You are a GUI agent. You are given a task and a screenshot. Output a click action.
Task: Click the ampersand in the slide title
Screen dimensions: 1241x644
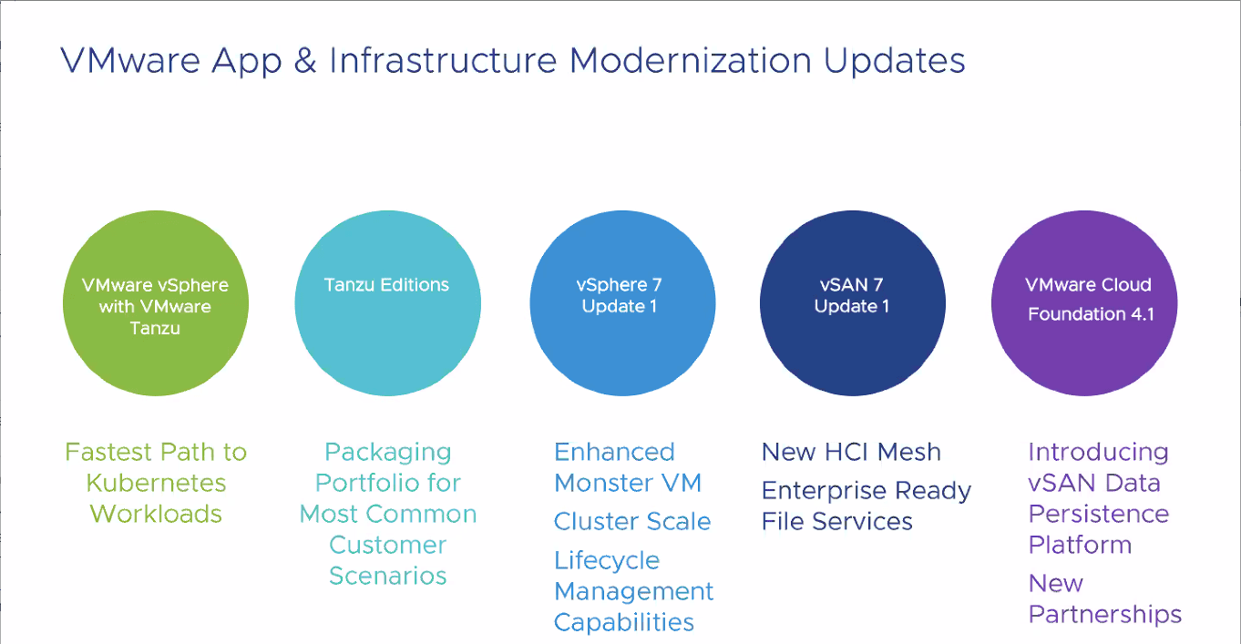(x=304, y=60)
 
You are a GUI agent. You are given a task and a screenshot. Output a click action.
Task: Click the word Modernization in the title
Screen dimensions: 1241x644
(x=691, y=60)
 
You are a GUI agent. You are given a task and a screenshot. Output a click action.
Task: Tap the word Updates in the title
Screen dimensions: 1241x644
(x=894, y=61)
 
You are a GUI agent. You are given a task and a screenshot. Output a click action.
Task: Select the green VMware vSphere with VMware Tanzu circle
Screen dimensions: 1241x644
(x=156, y=303)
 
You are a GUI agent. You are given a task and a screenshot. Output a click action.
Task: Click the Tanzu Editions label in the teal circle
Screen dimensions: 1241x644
(x=386, y=284)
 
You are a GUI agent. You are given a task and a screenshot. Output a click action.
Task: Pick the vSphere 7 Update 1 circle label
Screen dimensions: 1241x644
(x=620, y=295)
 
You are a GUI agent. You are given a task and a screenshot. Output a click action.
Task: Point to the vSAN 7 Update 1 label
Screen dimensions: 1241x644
(x=852, y=295)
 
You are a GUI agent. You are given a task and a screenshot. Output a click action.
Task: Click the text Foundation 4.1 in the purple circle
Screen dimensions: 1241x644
(x=1091, y=314)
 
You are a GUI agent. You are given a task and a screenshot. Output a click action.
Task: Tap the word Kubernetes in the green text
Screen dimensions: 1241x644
(x=156, y=483)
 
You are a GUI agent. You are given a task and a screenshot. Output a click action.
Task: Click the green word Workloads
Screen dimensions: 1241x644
(x=156, y=514)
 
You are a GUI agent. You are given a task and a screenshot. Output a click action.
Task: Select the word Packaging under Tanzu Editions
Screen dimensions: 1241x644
(x=388, y=454)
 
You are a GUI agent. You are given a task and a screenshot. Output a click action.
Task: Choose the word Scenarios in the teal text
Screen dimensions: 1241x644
(x=388, y=576)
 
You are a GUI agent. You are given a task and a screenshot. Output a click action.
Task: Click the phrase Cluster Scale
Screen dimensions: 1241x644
(x=632, y=522)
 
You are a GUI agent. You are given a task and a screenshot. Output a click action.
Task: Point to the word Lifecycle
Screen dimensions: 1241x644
(x=607, y=561)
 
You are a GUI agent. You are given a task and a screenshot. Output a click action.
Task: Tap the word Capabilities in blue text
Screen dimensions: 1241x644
(x=624, y=623)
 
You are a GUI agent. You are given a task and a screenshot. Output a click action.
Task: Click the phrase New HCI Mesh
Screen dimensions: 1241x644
(x=851, y=452)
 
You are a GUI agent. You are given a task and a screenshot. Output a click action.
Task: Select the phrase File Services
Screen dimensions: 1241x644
(x=837, y=522)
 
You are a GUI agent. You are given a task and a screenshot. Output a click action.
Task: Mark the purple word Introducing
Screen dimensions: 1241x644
(x=1099, y=454)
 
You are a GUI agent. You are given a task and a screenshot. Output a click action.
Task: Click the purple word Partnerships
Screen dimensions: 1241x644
(x=1105, y=615)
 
